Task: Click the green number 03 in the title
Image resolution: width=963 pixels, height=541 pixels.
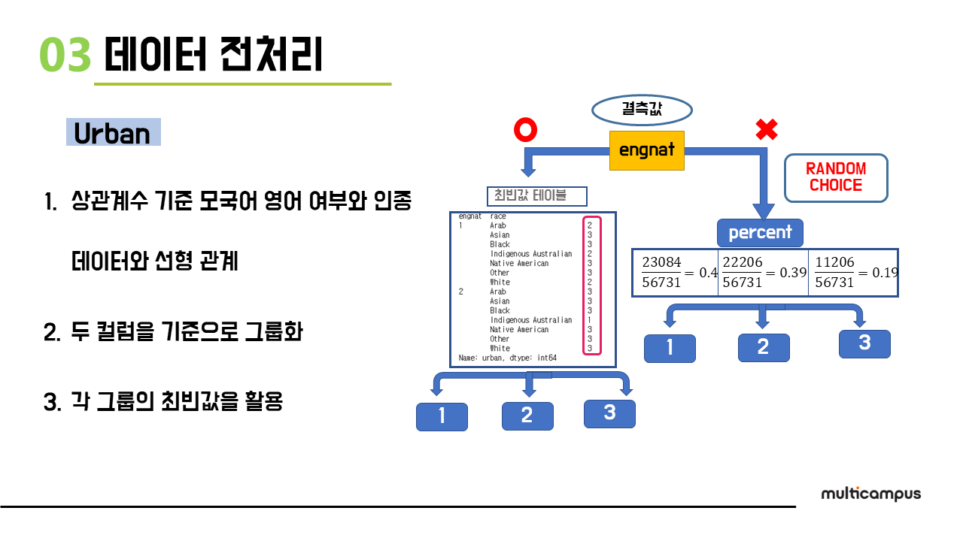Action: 65,56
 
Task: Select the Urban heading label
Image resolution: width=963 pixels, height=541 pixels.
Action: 113,133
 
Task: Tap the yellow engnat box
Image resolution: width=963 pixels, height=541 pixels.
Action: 647,150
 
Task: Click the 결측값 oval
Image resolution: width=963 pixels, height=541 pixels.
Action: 642,110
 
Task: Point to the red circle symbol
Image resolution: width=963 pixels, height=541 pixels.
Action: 525,131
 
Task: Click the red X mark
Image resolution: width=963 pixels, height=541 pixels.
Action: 766,131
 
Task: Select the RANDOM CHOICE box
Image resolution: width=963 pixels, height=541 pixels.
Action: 836,177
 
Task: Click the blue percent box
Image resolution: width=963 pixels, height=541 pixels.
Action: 760,232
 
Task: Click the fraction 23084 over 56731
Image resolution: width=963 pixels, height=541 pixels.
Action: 661,272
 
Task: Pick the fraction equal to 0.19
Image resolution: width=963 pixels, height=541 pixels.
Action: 835,272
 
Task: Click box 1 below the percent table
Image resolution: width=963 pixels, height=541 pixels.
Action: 670,349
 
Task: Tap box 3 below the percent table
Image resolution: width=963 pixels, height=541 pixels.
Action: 864,343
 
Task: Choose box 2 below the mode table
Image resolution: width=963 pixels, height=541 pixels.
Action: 527,416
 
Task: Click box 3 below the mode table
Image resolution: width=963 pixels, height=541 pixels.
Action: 609,413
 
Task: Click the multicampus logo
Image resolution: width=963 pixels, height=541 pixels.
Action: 870,494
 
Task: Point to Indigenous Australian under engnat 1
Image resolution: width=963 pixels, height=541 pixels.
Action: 530,254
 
